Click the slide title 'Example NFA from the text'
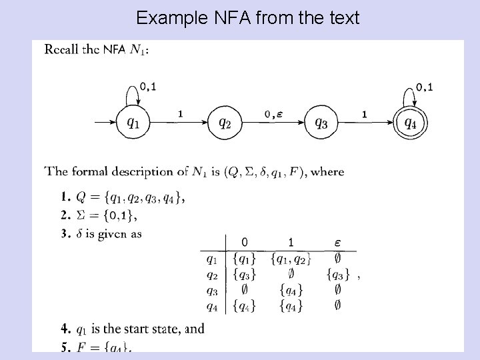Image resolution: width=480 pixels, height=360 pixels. click(x=247, y=17)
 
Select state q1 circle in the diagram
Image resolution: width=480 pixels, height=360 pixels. click(x=133, y=123)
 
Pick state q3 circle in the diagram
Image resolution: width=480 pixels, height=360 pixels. click(x=321, y=123)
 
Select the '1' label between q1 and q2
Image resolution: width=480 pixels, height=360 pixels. click(x=180, y=114)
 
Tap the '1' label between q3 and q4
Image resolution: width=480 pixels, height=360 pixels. click(x=364, y=114)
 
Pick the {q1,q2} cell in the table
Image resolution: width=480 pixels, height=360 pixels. click(x=291, y=257)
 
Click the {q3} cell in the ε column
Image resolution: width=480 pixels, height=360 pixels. click(x=338, y=273)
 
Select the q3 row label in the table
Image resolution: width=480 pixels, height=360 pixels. click(x=211, y=289)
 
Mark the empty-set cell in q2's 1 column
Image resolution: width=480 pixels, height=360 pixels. click(x=291, y=273)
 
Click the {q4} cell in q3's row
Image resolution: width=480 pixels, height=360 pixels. click(x=291, y=289)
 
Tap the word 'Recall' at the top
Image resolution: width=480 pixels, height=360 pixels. click(x=62, y=50)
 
